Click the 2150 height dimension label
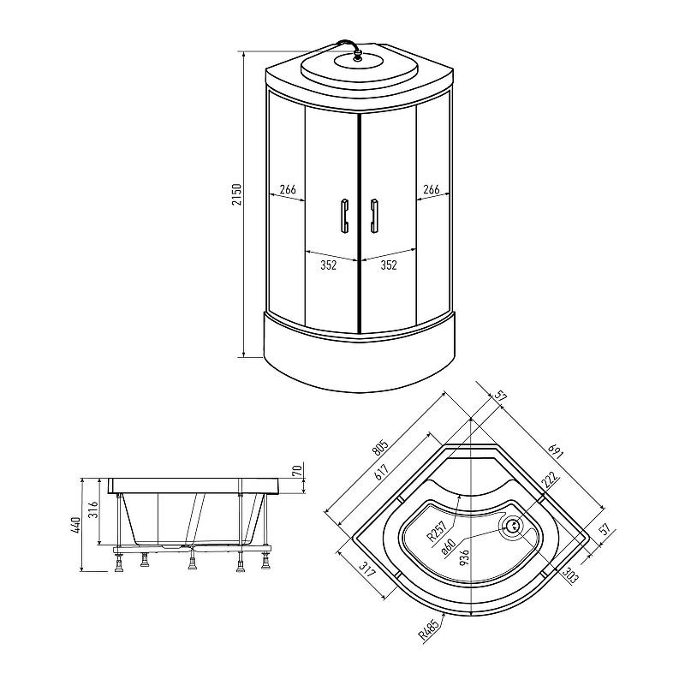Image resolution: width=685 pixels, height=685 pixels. pos(236,195)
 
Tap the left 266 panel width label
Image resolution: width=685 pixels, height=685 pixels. pos(288,189)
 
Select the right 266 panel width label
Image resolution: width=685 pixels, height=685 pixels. pos(432,189)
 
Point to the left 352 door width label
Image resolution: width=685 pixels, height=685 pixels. pos(328,265)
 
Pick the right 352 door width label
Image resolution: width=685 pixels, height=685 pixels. pos(389,265)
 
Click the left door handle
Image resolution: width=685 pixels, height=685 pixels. pos(344,216)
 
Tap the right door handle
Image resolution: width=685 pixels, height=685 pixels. pos(374,216)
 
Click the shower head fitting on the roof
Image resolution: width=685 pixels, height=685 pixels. pos(358,55)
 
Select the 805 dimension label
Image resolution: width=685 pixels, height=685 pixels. pos(380,449)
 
